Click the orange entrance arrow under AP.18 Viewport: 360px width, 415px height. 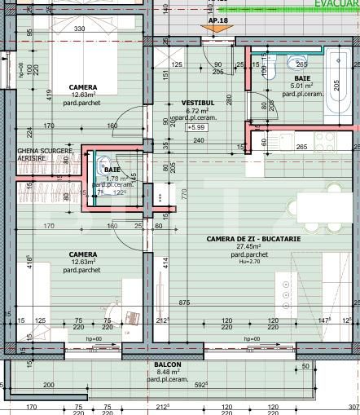(x=214, y=30)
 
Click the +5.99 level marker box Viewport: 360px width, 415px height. (x=197, y=127)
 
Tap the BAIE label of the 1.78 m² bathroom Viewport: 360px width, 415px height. (x=112, y=169)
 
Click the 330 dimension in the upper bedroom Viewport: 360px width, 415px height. (x=80, y=29)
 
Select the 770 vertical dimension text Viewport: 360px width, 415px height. (x=185, y=194)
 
